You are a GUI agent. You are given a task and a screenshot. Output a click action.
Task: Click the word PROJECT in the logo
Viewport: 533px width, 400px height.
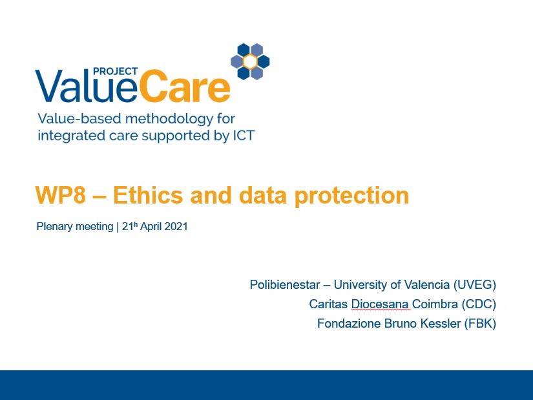pos(115,72)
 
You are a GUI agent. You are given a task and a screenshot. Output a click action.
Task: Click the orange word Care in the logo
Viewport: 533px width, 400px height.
pos(184,86)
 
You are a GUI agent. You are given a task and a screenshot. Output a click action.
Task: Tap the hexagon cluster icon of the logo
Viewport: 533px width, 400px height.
pos(250,61)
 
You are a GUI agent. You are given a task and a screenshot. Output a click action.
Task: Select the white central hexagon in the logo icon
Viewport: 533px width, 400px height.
pos(250,61)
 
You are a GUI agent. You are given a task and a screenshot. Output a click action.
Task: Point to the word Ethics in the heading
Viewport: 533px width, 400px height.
pos(148,196)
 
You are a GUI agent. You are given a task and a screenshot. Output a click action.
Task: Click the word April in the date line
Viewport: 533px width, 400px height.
pos(151,227)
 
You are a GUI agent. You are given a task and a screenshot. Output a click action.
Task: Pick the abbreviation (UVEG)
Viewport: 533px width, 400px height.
pos(475,285)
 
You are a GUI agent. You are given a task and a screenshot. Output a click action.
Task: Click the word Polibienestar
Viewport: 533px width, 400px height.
pos(285,285)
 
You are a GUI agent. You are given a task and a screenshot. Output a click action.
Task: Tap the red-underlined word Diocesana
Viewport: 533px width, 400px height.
pos(380,304)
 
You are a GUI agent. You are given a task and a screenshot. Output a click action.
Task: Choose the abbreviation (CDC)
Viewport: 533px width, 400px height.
pos(479,304)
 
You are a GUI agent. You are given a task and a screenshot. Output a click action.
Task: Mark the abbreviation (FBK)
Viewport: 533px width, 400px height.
pos(480,324)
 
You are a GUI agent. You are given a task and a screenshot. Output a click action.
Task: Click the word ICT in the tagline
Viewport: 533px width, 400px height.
pos(244,136)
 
